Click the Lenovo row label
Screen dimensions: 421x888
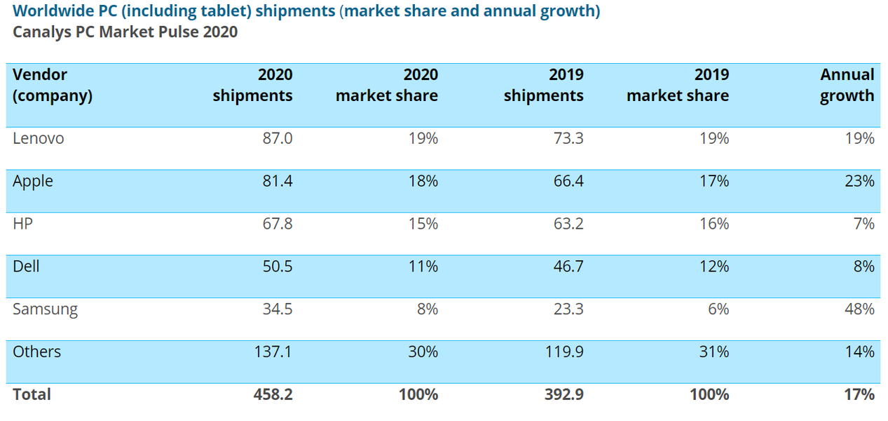click(39, 138)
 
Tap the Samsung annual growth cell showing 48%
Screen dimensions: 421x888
click(859, 309)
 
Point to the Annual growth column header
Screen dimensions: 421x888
click(847, 85)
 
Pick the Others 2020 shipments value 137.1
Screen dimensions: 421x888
click(273, 352)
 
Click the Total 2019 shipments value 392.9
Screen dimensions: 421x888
click(564, 394)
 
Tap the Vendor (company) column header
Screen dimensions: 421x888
click(53, 85)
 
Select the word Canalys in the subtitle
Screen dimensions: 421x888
click(41, 32)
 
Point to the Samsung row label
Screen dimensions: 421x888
click(45, 309)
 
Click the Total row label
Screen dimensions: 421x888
click(32, 394)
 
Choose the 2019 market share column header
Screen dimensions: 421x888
click(678, 85)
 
